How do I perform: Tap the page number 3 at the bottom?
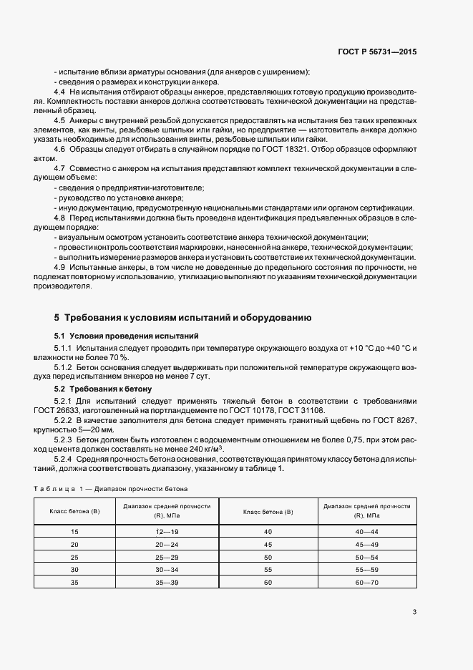pyautogui.click(x=414, y=612)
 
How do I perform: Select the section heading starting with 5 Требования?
pyautogui.click(x=182, y=317)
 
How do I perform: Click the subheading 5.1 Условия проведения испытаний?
pyautogui.click(x=122, y=336)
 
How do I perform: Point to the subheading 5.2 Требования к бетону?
pyautogui.click(x=103, y=389)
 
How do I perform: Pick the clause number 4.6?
pyautogui.click(x=60, y=148)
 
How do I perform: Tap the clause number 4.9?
pyautogui.click(x=60, y=267)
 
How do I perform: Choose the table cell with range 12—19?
pyautogui.click(x=166, y=532)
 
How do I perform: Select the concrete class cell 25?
pyautogui.click(x=75, y=558)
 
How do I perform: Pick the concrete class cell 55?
pyautogui.click(x=268, y=571)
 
